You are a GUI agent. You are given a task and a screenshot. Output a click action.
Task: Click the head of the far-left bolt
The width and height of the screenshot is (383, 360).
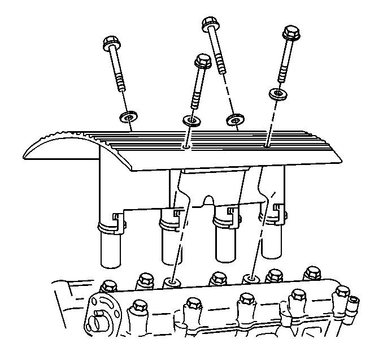[x=110, y=44]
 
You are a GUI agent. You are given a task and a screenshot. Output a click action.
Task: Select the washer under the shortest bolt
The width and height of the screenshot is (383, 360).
[x=193, y=121]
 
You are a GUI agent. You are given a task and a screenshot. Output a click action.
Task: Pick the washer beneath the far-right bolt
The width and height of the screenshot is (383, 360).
[x=276, y=94]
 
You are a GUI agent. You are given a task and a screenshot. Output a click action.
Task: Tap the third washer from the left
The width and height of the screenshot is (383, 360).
[x=233, y=120]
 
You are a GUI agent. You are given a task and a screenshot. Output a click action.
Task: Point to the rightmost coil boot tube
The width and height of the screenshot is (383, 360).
[x=272, y=237]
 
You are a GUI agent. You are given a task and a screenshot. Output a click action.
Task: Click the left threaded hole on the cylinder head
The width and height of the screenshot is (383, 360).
[x=172, y=281]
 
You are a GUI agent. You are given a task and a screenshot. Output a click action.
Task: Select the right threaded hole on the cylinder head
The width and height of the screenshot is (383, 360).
[x=251, y=278]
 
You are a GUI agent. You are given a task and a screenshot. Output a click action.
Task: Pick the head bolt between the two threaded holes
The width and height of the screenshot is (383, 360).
[x=217, y=278]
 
